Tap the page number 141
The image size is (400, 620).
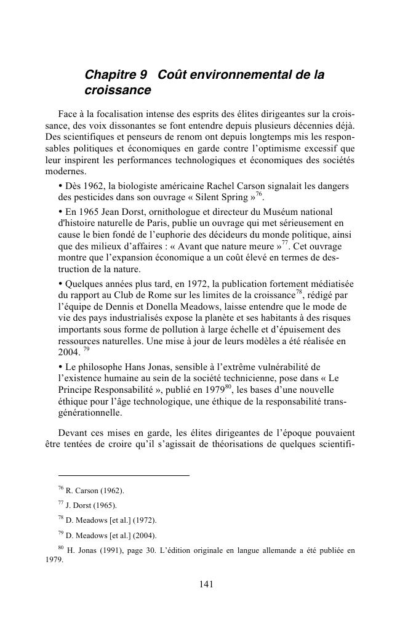(x=207, y=585)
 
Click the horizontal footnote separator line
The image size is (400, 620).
(x=123, y=475)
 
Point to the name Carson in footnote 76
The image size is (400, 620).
(x=89, y=491)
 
